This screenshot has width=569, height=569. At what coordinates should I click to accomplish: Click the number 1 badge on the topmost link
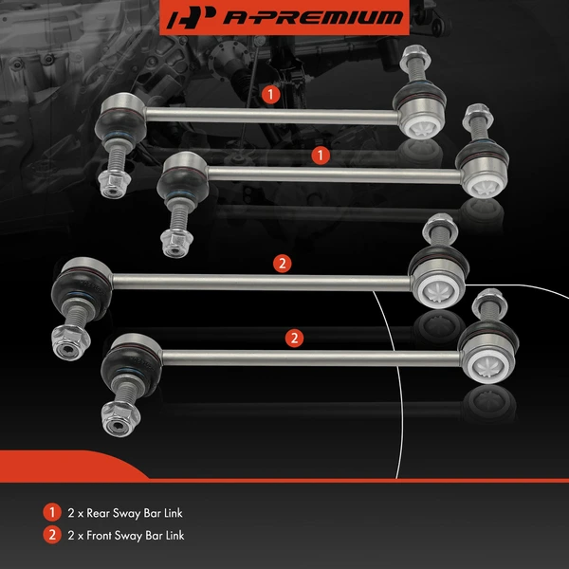[x=270, y=94]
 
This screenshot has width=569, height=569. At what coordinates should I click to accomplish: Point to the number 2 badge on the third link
[x=282, y=263]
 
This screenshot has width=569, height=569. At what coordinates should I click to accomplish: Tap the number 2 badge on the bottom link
[x=295, y=337]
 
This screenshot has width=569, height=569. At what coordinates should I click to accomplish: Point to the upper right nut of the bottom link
[x=491, y=302]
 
